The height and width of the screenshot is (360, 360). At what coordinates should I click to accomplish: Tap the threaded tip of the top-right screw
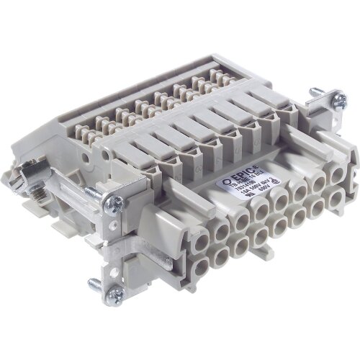coord(314,91)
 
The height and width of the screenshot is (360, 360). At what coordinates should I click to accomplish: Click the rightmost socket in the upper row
coord(336,177)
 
